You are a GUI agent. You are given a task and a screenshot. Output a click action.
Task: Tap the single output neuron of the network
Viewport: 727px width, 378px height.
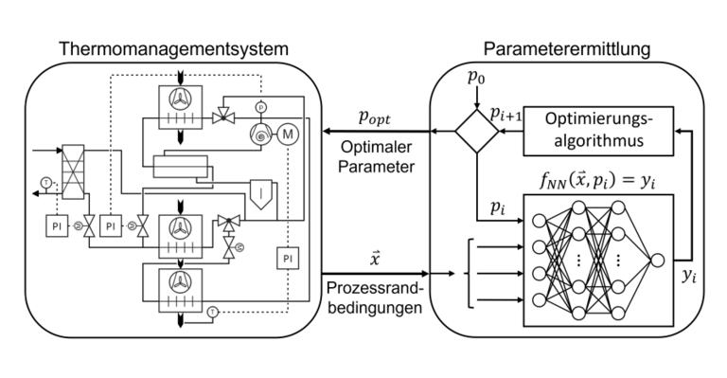click(x=655, y=261)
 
